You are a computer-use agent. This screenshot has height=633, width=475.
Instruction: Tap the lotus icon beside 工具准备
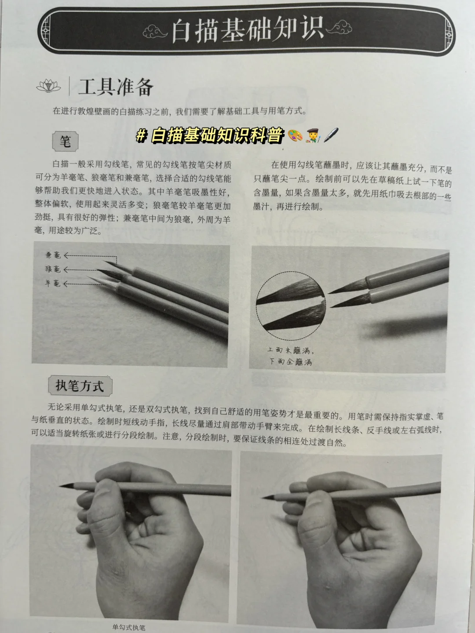click(48, 85)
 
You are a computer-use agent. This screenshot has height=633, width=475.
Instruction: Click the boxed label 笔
click(65, 141)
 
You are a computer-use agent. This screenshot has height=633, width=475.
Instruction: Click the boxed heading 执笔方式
click(80, 386)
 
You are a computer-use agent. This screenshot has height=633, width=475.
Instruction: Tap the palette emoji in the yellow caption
click(295, 135)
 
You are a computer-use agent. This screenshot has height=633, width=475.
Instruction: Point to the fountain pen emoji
click(331, 135)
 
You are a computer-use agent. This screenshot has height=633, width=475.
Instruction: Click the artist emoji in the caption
click(313, 136)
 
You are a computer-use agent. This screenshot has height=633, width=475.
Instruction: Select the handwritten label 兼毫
click(53, 255)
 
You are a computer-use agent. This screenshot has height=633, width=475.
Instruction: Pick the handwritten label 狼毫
click(53, 269)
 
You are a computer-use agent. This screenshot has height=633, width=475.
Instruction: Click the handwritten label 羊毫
click(52, 284)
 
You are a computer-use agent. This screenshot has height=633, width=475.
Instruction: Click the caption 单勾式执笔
click(128, 627)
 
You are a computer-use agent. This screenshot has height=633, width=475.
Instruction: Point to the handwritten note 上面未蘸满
click(290, 350)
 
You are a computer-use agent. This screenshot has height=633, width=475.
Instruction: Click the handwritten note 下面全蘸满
click(290, 362)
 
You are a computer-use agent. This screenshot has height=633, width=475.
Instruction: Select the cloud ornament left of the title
click(155, 32)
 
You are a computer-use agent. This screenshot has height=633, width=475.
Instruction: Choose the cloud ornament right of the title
click(339, 28)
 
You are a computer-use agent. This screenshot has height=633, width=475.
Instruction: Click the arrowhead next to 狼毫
click(66, 270)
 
